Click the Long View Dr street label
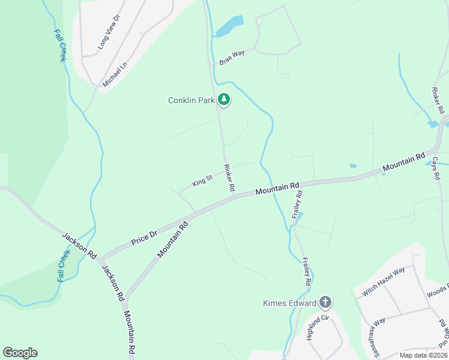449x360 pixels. tap(109, 32)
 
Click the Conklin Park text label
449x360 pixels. tap(191, 100)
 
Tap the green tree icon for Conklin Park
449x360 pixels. tap(224, 99)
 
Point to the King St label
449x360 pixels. tap(202, 180)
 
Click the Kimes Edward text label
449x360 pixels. tap(289, 302)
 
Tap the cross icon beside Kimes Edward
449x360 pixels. tap(325, 302)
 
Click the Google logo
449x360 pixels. tap(20, 353)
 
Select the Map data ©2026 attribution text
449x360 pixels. tap(423, 355)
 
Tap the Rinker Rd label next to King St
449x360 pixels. tap(229, 178)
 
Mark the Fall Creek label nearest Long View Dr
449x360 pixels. tap(59, 46)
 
